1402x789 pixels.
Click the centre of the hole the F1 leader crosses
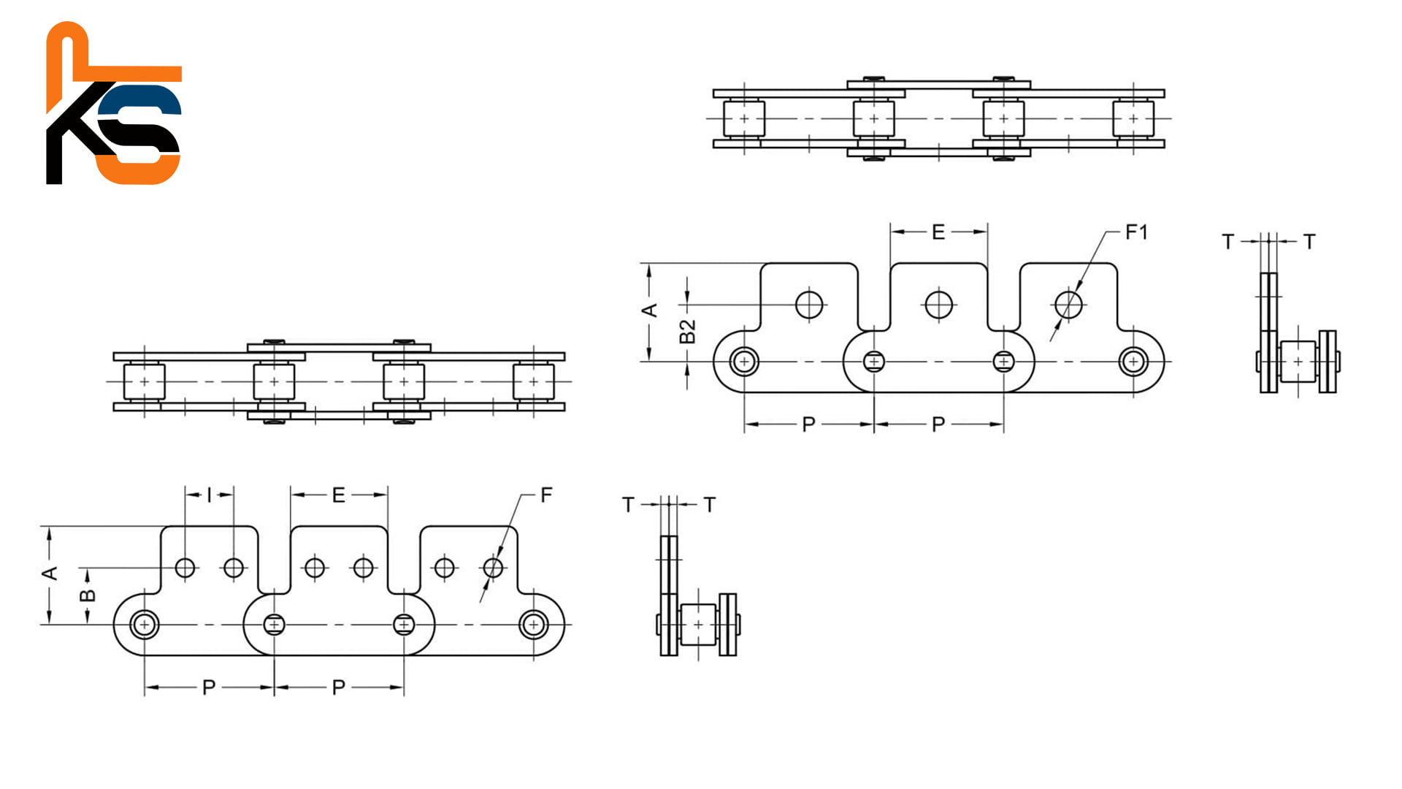(x=1068, y=305)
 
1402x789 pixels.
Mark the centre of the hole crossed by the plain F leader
(x=494, y=568)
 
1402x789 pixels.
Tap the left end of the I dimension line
(x=185, y=495)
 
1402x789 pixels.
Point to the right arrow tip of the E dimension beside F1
(x=987, y=232)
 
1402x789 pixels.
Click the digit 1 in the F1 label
(x=1143, y=232)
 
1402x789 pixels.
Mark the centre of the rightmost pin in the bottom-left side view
(x=534, y=625)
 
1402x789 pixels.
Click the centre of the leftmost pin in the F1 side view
(x=744, y=362)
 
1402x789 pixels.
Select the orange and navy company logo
(x=114, y=103)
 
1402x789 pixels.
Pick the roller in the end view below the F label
(x=698, y=625)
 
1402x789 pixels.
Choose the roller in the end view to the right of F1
(x=1298, y=362)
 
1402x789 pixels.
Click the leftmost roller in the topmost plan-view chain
(x=744, y=118)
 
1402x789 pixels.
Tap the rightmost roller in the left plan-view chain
(x=534, y=381)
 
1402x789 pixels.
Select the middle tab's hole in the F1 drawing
(x=938, y=305)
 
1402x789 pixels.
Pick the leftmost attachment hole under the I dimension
(x=185, y=568)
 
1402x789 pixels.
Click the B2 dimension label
(x=687, y=331)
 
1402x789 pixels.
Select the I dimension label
(x=209, y=495)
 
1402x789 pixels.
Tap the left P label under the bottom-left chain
(x=209, y=687)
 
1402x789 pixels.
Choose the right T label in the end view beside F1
(x=1309, y=242)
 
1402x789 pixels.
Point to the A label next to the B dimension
(x=50, y=573)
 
